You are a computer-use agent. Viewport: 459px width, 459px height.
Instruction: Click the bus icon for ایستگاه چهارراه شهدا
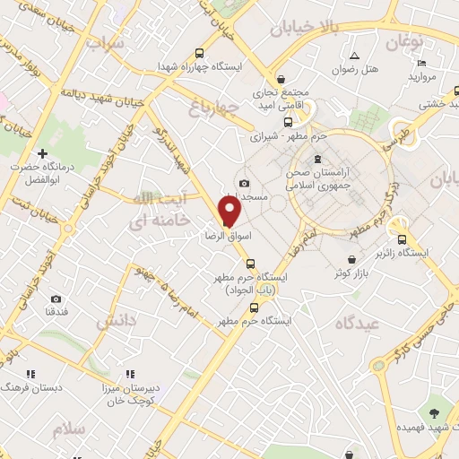[198, 52]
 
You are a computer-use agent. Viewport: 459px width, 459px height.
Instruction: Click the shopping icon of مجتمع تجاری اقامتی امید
[281, 78]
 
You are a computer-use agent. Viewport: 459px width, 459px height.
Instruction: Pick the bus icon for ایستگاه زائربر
[402, 239]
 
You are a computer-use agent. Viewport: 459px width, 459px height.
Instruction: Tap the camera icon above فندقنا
[56, 299]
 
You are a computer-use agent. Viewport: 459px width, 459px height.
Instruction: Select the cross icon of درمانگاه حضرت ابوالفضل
[41, 154]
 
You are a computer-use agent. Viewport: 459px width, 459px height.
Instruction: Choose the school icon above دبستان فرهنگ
[30, 374]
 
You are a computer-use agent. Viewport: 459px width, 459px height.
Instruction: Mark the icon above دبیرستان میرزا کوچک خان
[130, 374]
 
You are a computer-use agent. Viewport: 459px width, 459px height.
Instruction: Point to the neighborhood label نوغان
[404, 41]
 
